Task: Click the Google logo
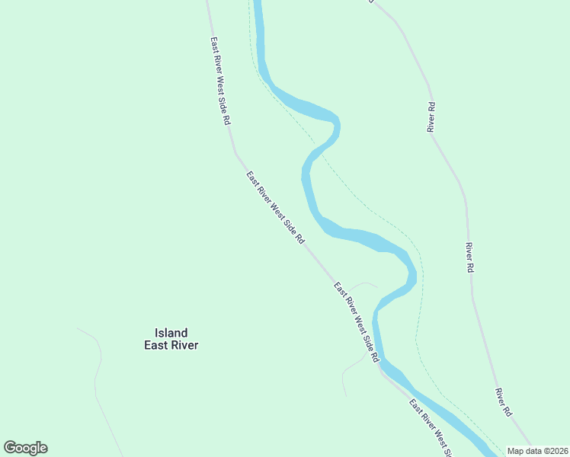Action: tap(26, 448)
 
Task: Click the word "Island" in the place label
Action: tap(171, 333)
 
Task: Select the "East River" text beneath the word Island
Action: tap(171, 345)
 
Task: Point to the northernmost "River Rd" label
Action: tap(431, 117)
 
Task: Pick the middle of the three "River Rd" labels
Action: tap(470, 257)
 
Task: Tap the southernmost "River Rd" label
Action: tap(503, 402)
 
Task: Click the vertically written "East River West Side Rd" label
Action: tap(220, 81)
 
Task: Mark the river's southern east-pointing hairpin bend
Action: tap(412, 274)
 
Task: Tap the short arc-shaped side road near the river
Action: tap(363, 285)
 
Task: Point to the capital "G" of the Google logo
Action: tap(10, 448)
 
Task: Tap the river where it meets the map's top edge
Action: tap(258, 3)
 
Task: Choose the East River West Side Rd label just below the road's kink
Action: tap(275, 207)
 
